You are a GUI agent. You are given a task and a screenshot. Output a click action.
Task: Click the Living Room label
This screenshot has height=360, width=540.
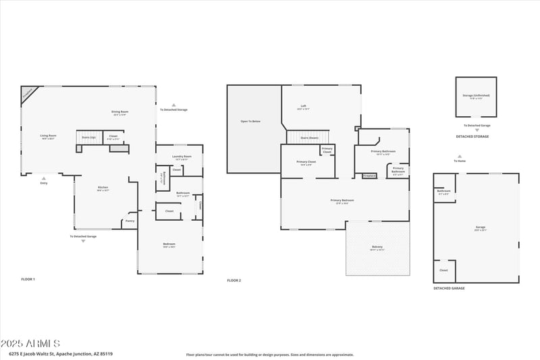48,136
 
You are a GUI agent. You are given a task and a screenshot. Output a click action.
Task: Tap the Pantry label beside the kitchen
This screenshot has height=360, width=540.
130,221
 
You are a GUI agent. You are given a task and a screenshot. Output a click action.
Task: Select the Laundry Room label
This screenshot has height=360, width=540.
178,156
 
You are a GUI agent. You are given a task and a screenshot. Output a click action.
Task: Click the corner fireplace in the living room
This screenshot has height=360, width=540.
28,93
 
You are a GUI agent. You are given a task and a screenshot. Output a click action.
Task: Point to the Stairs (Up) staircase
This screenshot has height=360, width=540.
88,137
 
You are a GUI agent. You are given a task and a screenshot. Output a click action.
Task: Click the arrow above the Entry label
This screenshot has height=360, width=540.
44,178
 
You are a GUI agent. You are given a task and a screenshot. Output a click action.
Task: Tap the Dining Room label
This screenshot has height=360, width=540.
120,111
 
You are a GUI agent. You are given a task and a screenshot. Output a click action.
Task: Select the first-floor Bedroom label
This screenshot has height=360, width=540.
169,244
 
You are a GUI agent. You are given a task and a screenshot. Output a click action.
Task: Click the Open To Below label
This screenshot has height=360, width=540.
250,122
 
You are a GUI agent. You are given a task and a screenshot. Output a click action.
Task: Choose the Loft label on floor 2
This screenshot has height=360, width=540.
304,106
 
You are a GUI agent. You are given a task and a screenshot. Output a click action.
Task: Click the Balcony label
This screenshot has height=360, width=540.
377,247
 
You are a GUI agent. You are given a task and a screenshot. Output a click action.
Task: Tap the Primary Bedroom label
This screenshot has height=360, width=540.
342,200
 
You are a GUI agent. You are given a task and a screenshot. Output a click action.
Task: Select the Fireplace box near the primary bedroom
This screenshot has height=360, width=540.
369,176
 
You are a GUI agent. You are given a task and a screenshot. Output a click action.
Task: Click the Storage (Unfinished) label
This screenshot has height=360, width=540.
477,95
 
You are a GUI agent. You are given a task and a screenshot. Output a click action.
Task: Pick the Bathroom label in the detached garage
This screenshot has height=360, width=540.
443,190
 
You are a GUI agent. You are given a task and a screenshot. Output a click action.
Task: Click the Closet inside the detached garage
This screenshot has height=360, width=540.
443,270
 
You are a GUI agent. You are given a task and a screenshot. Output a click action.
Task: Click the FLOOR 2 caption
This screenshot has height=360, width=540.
234,280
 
